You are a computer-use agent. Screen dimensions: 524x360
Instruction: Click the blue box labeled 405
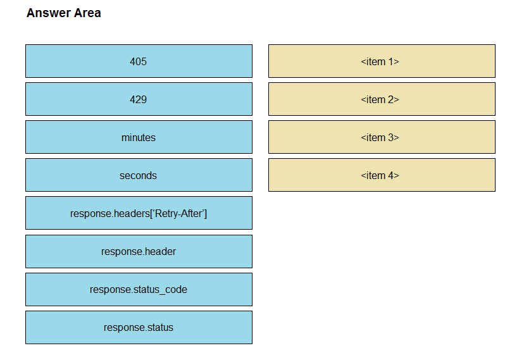pyautogui.click(x=139, y=61)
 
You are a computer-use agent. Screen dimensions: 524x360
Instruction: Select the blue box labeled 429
pyautogui.click(x=139, y=99)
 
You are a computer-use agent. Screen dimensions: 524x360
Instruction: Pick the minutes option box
pyautogui.click(x=139, y=137)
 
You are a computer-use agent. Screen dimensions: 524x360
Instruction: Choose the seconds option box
pyautogui.click(x=139, y=175)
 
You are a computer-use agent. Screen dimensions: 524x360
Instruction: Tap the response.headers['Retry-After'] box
pyautogui.click(x=139, y=213)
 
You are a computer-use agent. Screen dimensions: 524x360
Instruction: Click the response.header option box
pyautogui.click(x=139, y=251)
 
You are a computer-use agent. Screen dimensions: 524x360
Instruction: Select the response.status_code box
pyautogui.click(x=139, y=289)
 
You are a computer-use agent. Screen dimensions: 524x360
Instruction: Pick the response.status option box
pyautogui.click(x=139, y=327)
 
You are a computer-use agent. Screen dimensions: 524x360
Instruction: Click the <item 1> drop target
pyautogui.click(x=382, y=61)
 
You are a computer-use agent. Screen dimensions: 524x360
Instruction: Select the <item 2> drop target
pyautogui.click(x=382, y=99)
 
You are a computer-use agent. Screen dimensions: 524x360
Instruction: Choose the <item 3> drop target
pyautogui.click(x=382, y=137)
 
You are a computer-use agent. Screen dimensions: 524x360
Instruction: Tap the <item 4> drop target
pyautogui.click(x=382, y=175)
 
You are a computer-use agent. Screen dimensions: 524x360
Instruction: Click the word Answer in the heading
pyautogui.click(x=49, y=13)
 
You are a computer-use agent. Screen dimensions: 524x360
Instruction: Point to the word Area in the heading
pyautogui.click(x=87, y=13)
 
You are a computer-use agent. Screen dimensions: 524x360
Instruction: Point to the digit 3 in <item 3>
pyautogui.click(x=391, y=137)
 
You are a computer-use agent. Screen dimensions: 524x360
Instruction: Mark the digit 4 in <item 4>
pyautogui.click(x=391, y=175)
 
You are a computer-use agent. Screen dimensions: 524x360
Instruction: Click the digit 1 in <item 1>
pyautogui.click(x=390, y=61)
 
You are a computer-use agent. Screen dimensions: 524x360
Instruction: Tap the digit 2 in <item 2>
pyautogui.click(x=391, y=99)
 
